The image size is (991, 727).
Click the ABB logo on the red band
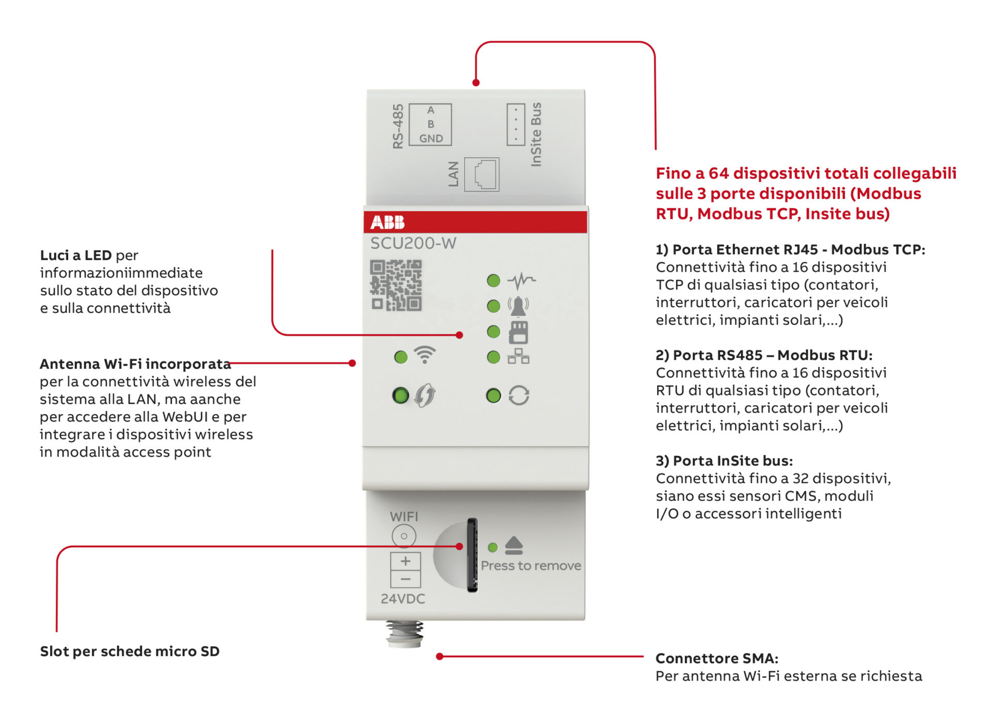pos(388,222)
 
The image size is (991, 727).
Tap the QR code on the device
pos(396,286)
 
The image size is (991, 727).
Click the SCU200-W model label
pos(413,243)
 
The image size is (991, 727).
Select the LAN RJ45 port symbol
pos(482,175)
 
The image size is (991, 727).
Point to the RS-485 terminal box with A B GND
pos(430,124)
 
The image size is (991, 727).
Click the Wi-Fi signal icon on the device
pos(425,355)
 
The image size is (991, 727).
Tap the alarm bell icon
pos(518,306)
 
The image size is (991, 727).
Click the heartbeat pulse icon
pos(521,280)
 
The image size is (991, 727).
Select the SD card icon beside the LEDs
pos(518,332)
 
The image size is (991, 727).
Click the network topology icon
pos(518,356)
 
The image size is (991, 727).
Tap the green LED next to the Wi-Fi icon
pos(401,357)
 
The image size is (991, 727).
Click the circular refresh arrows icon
pos(519,396)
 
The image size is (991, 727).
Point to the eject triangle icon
pos(514,545)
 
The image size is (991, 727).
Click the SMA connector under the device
pos(405,634)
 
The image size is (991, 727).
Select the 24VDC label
pos(403,599)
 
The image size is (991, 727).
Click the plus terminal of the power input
pos(406,561)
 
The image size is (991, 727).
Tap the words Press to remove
pos(531,566)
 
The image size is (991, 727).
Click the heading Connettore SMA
pos(716,658)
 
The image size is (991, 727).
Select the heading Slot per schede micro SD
pos(130,651)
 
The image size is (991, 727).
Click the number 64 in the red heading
pos(718,173)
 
